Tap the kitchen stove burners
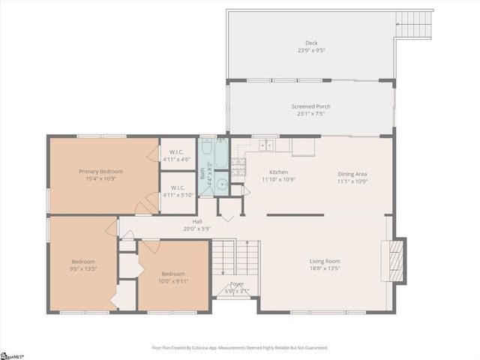point(238,166)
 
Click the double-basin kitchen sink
point(266,145)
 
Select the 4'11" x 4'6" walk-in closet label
point(178,155)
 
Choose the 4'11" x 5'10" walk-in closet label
point(178,191)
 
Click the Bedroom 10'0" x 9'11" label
point(173,277)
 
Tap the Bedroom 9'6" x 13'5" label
point(83,265)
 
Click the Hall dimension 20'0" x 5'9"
point(198,228)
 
